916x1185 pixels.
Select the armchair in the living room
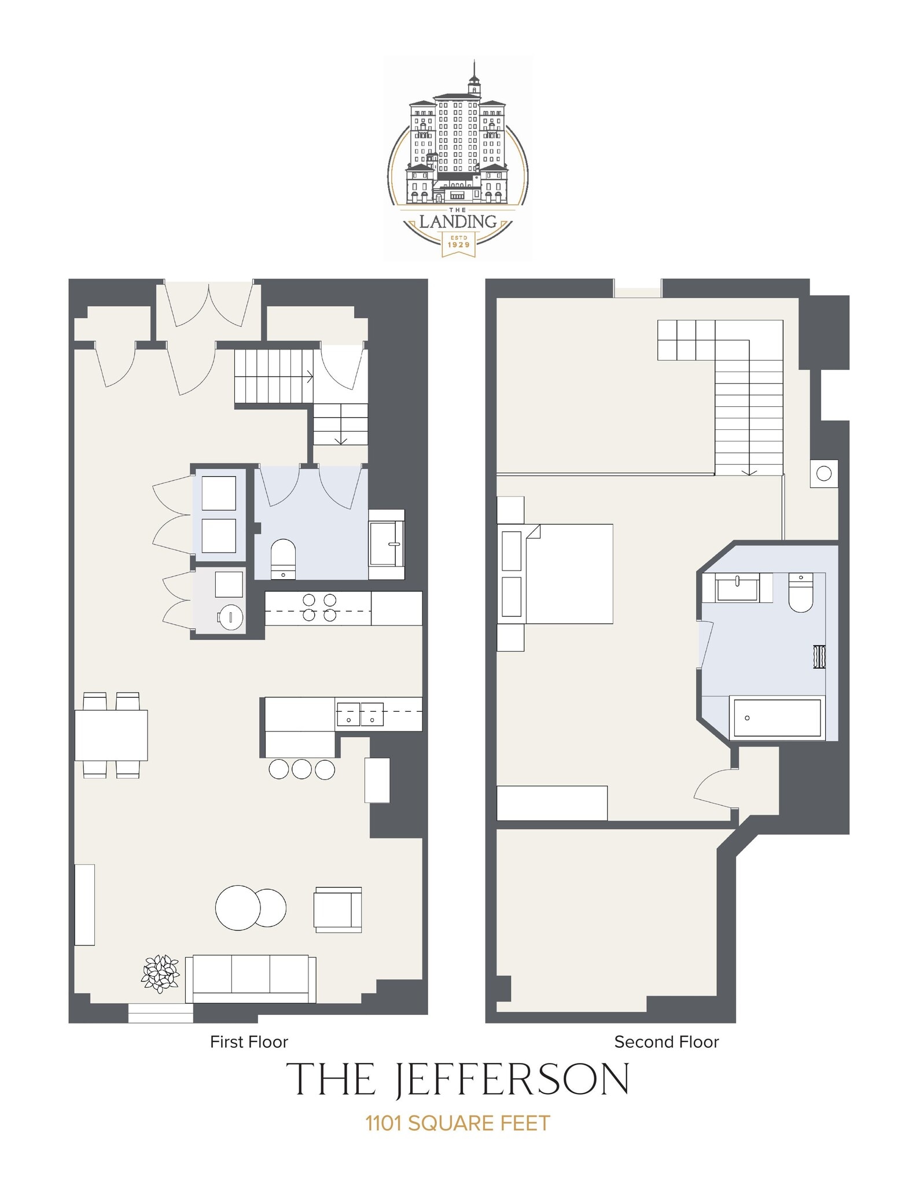click(x=338, y=910)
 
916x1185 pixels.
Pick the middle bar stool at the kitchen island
click(x=301, y=769)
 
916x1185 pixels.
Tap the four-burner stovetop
click(x=319, y=608)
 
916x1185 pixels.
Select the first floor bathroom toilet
click(x=284, y=558)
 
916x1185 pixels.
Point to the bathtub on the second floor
click(x=777, y=718)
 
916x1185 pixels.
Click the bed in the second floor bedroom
click(x=568, y=573)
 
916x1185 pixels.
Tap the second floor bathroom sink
click(x=737, y=588)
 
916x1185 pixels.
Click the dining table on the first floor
click(x=111, y=735)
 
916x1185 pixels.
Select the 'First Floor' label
click(x=249, y=1043)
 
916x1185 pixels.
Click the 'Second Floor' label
click(x=667, y=1043)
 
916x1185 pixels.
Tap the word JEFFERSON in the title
click(x=512, y=1080)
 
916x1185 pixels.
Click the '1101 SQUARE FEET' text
click(x=458, y=1123)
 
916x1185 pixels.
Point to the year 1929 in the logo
click(x=459, y=245)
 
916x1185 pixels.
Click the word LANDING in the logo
click(x=458, y=222)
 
